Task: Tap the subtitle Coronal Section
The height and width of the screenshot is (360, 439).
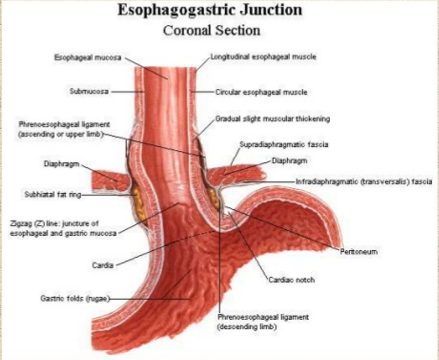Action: pyautogui.click(x=211, y=30)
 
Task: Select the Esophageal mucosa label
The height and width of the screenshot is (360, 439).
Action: pyautogui.click(x=88, y=57)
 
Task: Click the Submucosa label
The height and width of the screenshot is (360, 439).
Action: pyautogui.click(x=89, y=91)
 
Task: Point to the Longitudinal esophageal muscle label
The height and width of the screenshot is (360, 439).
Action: pyautogui.click(x=263, y=57)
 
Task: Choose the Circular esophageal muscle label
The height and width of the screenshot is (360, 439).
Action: pyautogui.click(x=261, y=92)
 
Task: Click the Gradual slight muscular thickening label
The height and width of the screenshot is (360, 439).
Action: pyautogui.click(x=272, y=119)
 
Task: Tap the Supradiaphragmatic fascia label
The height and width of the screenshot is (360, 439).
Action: pyautogui.click(x=284, y=144)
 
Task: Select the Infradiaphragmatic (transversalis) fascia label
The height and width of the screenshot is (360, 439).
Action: pyautogui.click(x=364, y=182)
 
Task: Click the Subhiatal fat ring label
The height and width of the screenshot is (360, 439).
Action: pyautogui.click(x=53, y=194)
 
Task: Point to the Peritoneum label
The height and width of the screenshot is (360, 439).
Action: pyautogui.click(x=358, y=252)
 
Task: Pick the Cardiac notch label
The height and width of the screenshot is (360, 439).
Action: pyautogui.click(x=291, y=280)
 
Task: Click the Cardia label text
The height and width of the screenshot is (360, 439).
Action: pyautogui.click(x=103, y=265)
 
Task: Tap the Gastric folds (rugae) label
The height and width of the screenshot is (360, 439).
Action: pyautogui.click(x=75, y=299)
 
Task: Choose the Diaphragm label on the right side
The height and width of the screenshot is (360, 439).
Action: pyautogui.click(x=289, y=161)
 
